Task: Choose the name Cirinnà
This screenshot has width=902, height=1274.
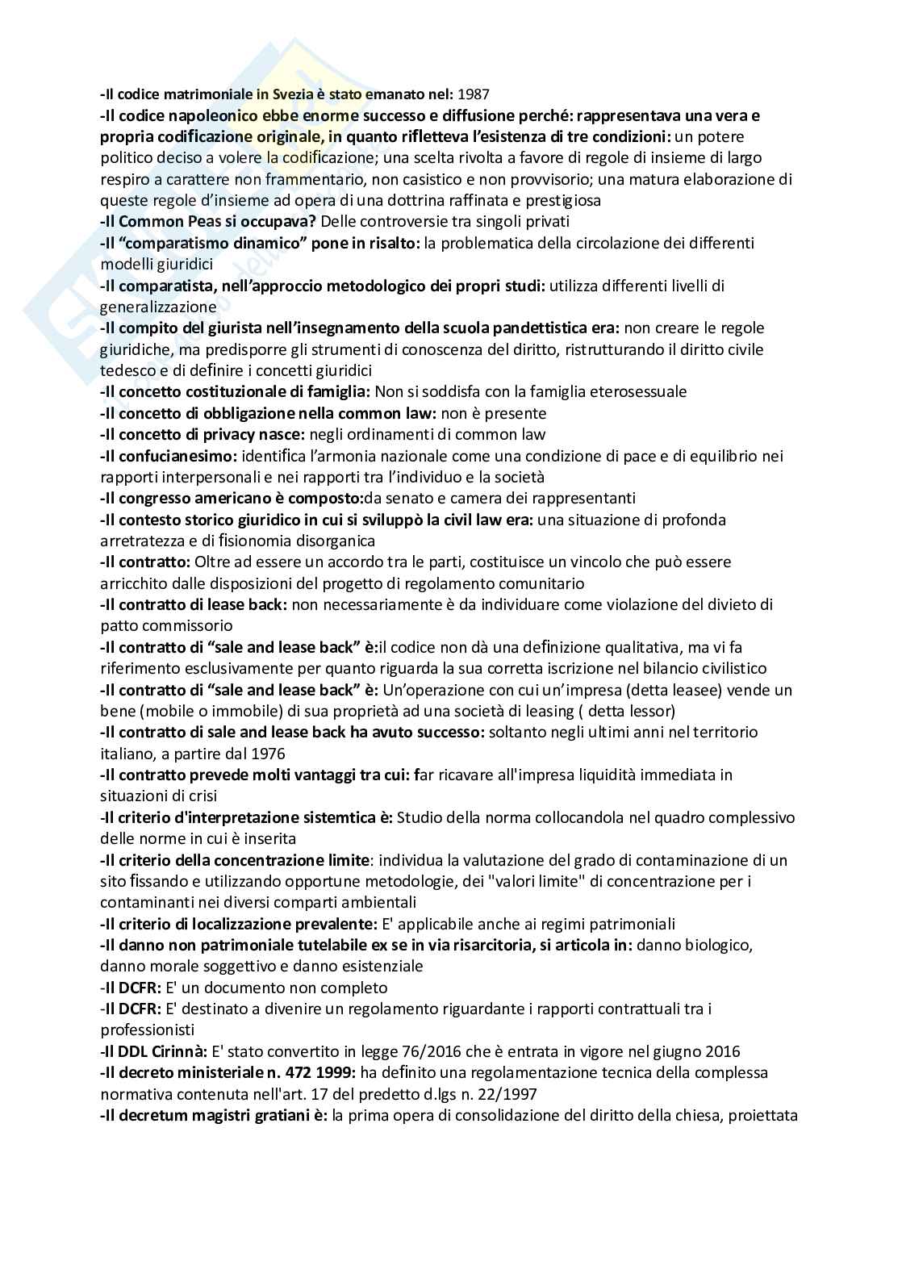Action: tap(177, 1051)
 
